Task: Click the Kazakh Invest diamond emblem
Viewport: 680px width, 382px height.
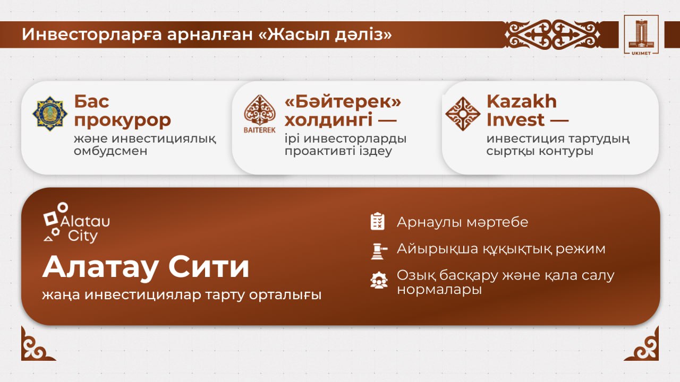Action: click(462, 114)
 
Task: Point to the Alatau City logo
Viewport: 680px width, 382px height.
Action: click(76, 223)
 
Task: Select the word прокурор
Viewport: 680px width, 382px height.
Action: click(122, 120)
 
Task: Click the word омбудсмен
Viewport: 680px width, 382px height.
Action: click(110, 151)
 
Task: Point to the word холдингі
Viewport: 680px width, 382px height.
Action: click(328, 120)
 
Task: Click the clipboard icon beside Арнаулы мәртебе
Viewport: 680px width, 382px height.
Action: click(377, 221)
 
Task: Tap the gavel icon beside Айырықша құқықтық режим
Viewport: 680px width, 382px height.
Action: click(377, 250)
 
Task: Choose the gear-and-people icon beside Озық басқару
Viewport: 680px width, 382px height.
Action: click(378, 280)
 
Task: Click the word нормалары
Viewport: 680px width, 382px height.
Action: click(439, 290)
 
